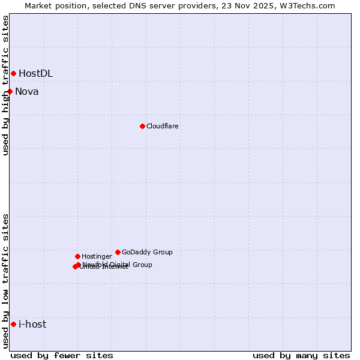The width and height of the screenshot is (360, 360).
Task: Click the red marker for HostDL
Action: [x=13, y=73]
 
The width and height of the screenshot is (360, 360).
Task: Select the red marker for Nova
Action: [x=10, y=91]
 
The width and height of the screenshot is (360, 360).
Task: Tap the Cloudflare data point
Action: [x=142, y=126]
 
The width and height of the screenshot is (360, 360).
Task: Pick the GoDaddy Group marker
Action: [x=118, y=252]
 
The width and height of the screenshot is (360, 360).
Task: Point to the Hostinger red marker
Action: [x=77, y=256]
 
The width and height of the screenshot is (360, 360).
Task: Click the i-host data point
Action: [x=13, y=324]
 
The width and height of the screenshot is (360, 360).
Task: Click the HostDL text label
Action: [x=35, y=73]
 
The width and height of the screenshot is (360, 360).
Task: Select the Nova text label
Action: [x=27, y=91]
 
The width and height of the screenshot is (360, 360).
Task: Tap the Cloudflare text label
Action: [x=162, y=126]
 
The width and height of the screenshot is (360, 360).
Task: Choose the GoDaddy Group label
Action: [x=147, y=252]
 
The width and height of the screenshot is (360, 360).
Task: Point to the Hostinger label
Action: [x=97, y=256]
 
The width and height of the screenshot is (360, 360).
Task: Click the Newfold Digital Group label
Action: [x=117, y=264]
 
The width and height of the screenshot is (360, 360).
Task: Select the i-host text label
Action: [x=32, y=324]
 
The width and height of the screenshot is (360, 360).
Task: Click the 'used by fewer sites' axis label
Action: [x=62, y=355]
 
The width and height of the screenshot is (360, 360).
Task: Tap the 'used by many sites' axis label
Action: [x=301, y=355]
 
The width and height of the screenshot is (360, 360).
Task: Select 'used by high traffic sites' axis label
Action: [x=6, y=85]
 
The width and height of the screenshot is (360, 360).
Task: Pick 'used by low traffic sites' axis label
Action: [x=6, y=281]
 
